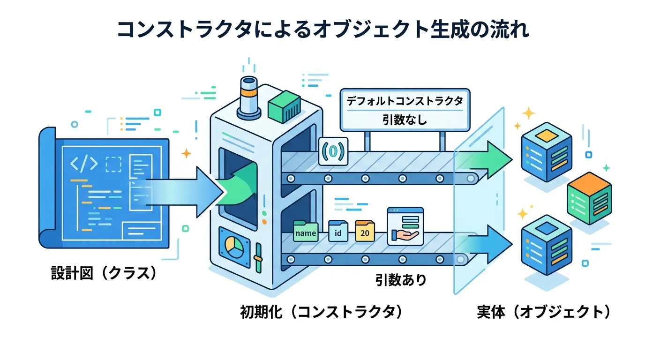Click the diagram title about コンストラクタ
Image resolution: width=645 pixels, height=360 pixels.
322,30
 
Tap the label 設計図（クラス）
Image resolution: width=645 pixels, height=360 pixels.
104,273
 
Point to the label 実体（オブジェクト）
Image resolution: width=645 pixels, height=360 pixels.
544,312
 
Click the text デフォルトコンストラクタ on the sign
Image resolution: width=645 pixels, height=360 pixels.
404,101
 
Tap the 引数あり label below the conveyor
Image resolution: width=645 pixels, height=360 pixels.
401,280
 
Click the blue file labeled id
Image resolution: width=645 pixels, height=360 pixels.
338,232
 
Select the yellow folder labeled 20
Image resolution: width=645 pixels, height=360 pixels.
365,232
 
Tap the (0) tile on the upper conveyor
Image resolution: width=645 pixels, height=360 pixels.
333,151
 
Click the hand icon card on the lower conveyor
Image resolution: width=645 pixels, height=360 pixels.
405,226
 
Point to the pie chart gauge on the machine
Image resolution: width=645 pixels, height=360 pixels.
233,244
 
